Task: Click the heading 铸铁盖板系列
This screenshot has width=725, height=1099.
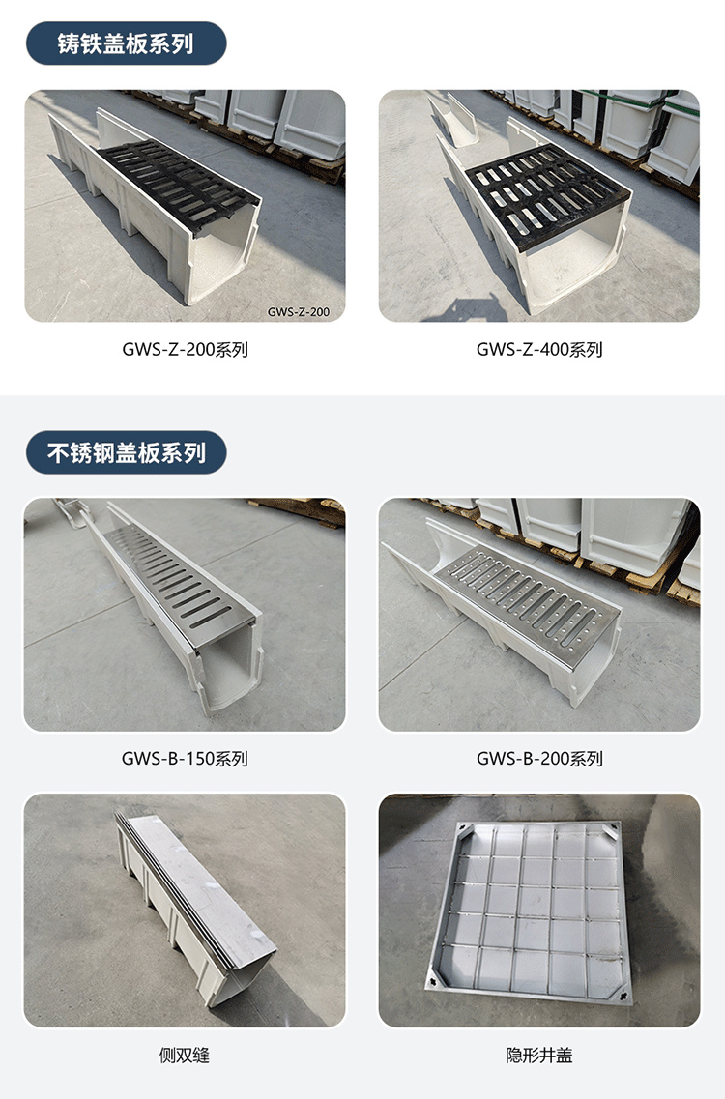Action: click(x=126, y=44)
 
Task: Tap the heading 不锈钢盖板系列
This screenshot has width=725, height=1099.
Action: click(x=127, y=452)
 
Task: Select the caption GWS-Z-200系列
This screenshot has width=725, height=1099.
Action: click(x=185, y=349)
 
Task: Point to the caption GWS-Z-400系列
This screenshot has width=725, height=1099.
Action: click(x=539, y=349)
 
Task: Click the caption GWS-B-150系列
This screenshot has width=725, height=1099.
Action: click(x=185, y=759)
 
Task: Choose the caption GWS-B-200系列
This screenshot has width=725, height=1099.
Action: click(x=539, y=759)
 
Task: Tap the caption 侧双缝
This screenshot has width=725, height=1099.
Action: click(x=185, y=1055)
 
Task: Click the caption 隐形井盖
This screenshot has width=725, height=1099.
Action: click(x=539, y=1055)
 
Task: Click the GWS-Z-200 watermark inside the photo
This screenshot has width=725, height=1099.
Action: click(x=298, y=312)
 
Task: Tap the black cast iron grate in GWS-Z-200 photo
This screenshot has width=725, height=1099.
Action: click(x=178, y=182)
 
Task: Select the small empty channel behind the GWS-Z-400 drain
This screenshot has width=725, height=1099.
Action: click(x=455, y=119)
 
